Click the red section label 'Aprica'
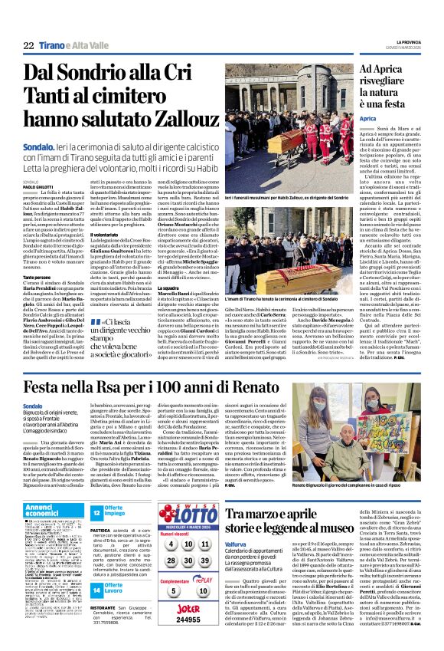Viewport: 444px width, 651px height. [367, 120]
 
